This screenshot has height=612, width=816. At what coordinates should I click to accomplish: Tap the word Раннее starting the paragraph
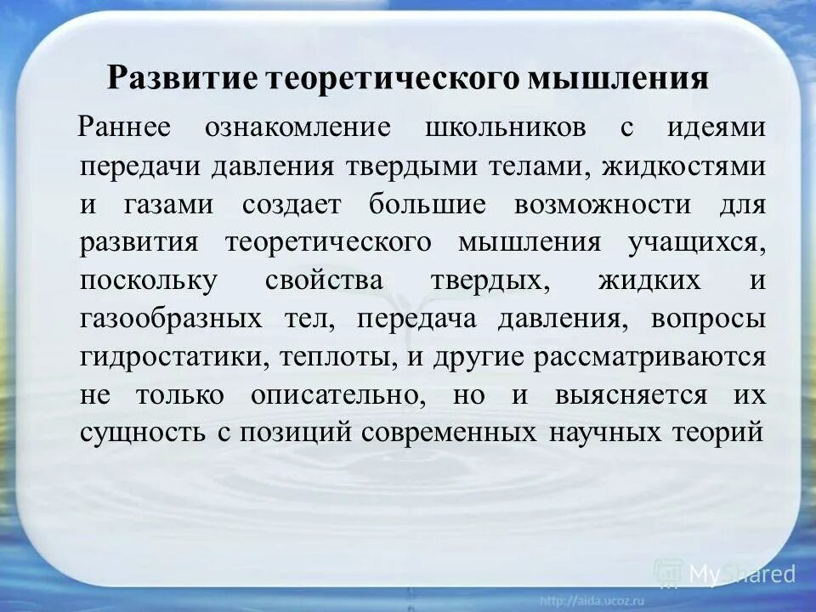[125, 127]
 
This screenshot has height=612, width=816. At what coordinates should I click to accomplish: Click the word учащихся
[697, 244]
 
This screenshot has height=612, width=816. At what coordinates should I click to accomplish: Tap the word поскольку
[149, 282]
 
